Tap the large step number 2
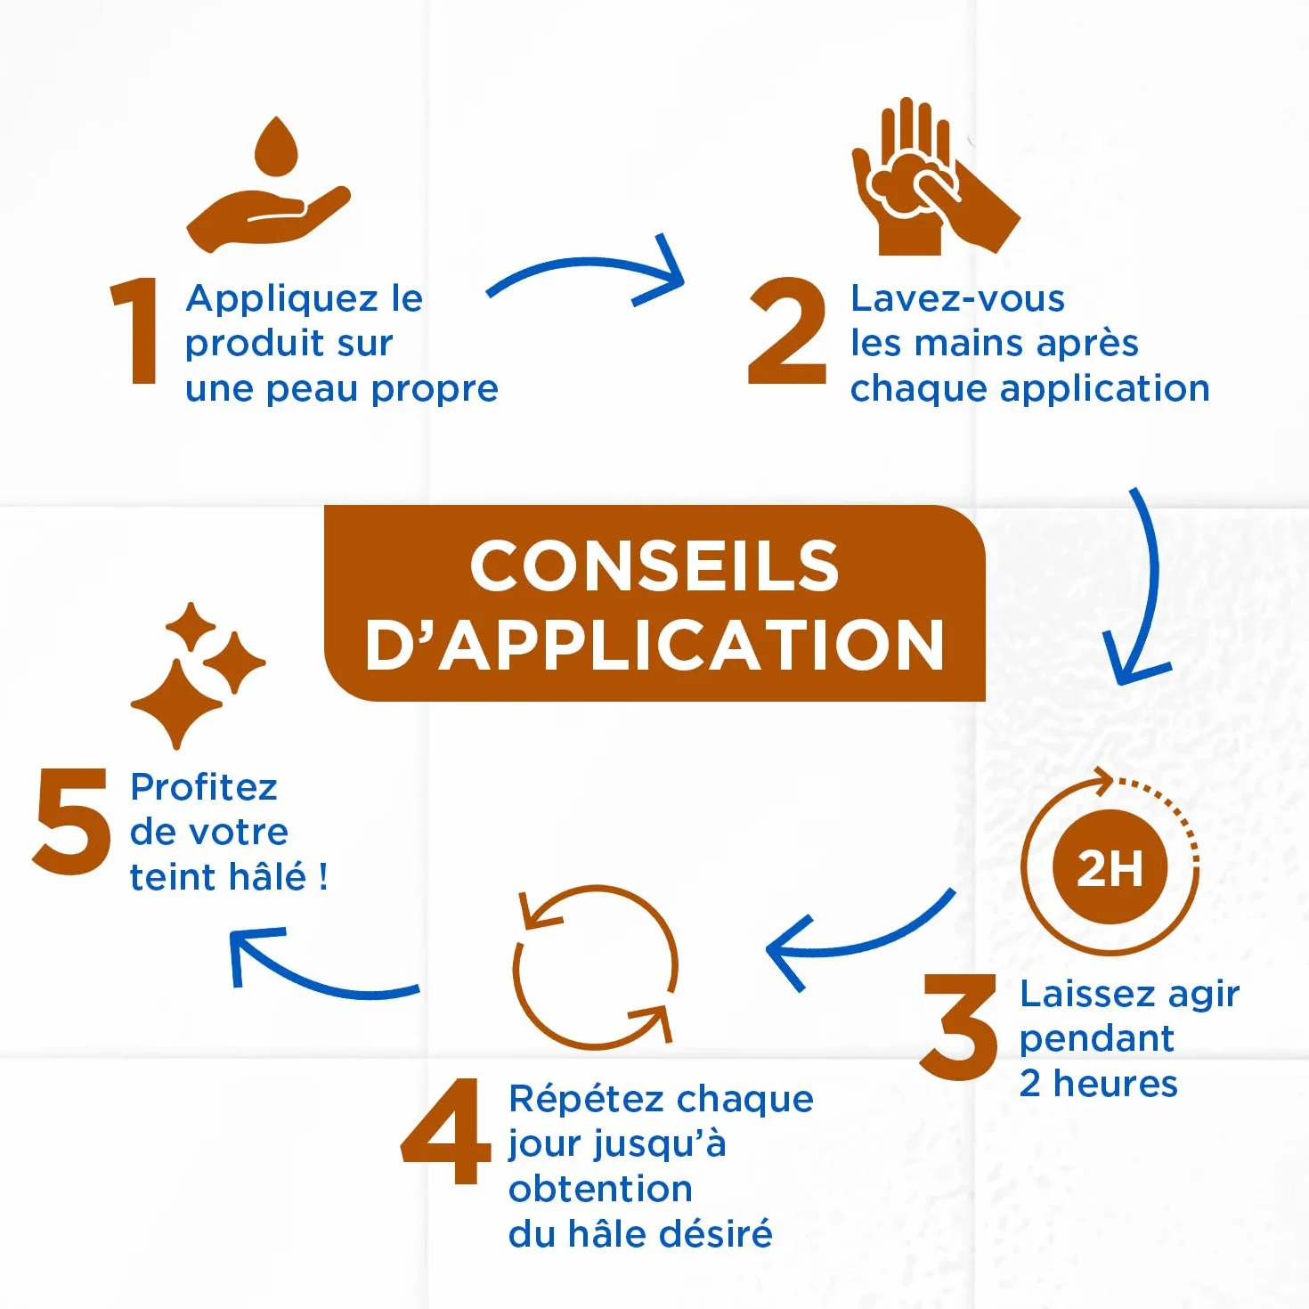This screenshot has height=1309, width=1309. tap(787, 330)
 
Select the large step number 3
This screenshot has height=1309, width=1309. tap(958, 1027)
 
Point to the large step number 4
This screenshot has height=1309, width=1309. tap(445, 1130)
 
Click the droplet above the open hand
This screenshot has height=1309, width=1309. tap(276, 146)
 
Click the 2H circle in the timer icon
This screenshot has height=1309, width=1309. tap(1110, 867)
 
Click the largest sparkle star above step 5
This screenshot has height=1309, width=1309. tap(176, 703)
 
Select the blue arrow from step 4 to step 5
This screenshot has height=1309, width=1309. tap(320, 981)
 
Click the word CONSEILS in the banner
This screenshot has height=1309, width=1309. tap(654, 566)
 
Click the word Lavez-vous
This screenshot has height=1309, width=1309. tap(957, 298)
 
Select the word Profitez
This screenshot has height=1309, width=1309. tap(204, 788)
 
